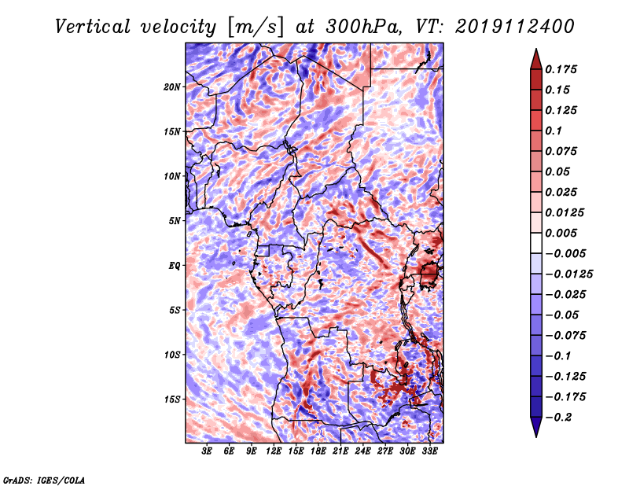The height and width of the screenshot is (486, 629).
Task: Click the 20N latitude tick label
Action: click(x=172, y=87)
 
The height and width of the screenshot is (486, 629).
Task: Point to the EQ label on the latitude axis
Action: click(x=175, y=265)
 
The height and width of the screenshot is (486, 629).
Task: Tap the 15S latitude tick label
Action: click(x=172, y=399)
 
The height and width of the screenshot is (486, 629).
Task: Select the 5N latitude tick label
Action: click(x=175, y=221)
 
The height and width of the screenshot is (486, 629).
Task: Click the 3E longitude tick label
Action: click(x=207, y=451)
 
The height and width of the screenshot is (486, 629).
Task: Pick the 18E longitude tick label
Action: click(x=318, y=451)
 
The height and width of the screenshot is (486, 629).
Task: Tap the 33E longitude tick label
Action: click(x=429, y=451)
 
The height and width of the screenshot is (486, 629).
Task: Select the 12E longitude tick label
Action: click(x=274, y=451)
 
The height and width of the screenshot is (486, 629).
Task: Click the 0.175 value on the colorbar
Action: click(x=561, y=69)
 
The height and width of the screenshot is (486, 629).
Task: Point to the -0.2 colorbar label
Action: click(x=558, y=418)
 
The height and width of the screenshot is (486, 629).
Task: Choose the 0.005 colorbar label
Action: click(x=561, y=233)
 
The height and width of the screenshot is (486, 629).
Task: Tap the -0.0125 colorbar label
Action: click(x=568, y=274)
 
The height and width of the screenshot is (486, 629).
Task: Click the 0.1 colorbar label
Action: click(x=554, y=131)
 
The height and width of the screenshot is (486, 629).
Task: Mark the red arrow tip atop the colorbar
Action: click(x=536, y=49)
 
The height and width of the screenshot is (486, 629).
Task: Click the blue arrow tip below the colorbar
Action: click(x=536, y=436)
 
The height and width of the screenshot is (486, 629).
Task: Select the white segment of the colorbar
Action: click(x=536, y=243)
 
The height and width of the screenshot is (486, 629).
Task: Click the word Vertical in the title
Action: click(x=93, y=27)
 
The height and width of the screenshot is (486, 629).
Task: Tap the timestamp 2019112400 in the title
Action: click(x=515, y=27)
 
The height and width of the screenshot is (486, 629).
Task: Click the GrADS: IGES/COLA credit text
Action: click(x=44, y=480)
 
